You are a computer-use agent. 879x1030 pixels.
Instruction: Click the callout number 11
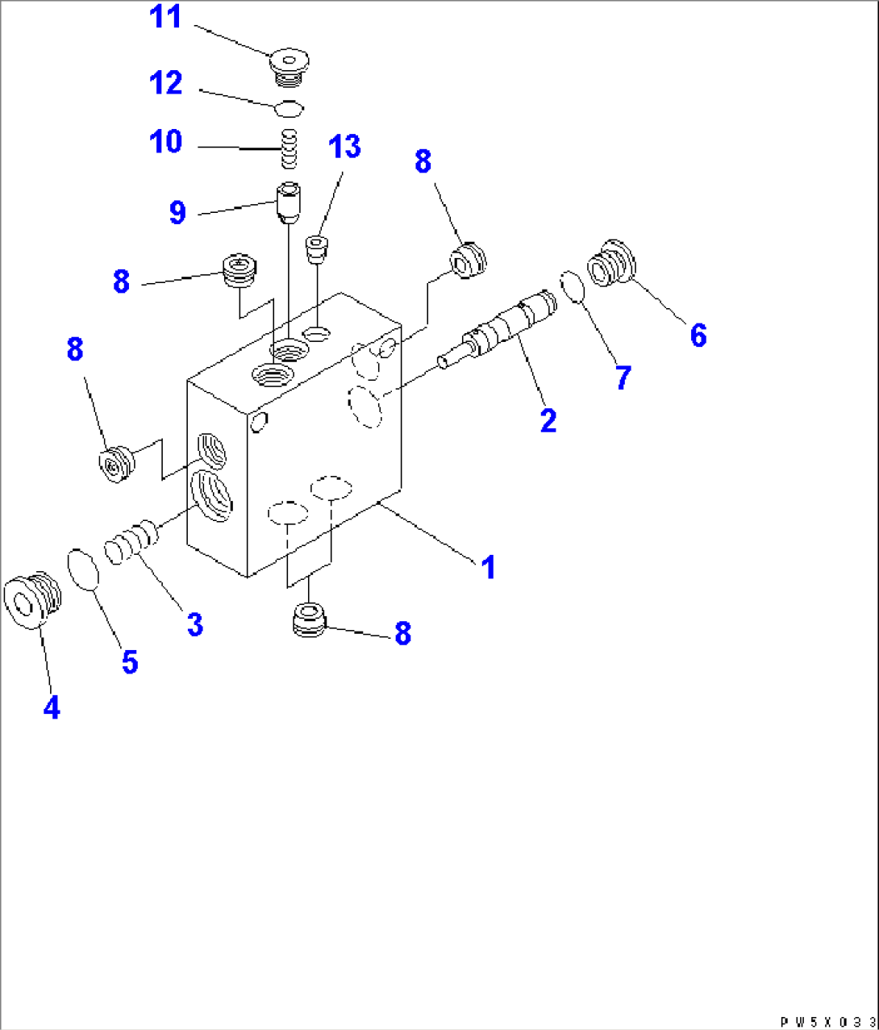coord(166,18)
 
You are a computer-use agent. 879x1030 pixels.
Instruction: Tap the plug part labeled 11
coord(289,64)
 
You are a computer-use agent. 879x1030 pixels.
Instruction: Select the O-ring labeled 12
coord(289,106)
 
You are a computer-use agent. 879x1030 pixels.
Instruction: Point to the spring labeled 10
coord(290,149)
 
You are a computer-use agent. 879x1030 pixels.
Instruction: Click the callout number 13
coord(344,148)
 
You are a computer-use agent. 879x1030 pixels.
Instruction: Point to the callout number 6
coord(698,334)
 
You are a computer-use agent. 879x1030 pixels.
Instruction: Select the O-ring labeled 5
coord(83,569)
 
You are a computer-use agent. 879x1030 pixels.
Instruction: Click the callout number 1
coord(487,568)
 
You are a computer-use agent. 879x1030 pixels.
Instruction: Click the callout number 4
coord(51,708)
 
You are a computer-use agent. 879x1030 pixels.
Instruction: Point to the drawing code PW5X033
coord(827,1021)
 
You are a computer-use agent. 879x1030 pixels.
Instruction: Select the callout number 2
coord(548,420)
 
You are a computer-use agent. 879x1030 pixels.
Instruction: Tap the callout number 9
coord(177,213)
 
